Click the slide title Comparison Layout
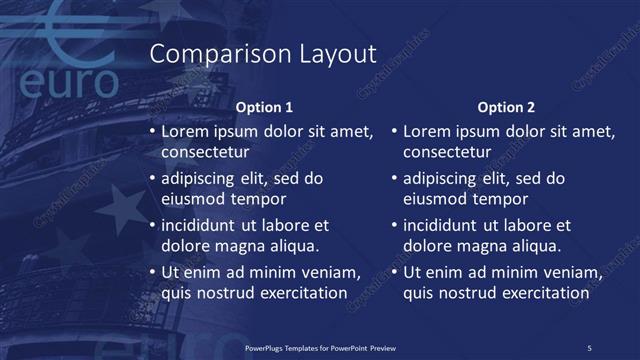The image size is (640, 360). point(262,54)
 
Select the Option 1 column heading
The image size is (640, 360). point(264,107)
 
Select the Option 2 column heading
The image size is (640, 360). point(506,107)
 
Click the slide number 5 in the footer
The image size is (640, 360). point(589,348)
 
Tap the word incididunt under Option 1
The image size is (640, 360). point(203,226)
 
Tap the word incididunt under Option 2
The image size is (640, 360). point(445,226)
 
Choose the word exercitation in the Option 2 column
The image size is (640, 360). point(542,293)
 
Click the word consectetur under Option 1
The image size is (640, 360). point(205,152)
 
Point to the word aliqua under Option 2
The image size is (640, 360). point(535,246)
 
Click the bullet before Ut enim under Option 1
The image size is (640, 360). point(152,273)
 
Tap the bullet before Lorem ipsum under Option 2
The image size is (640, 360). point(394,131)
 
